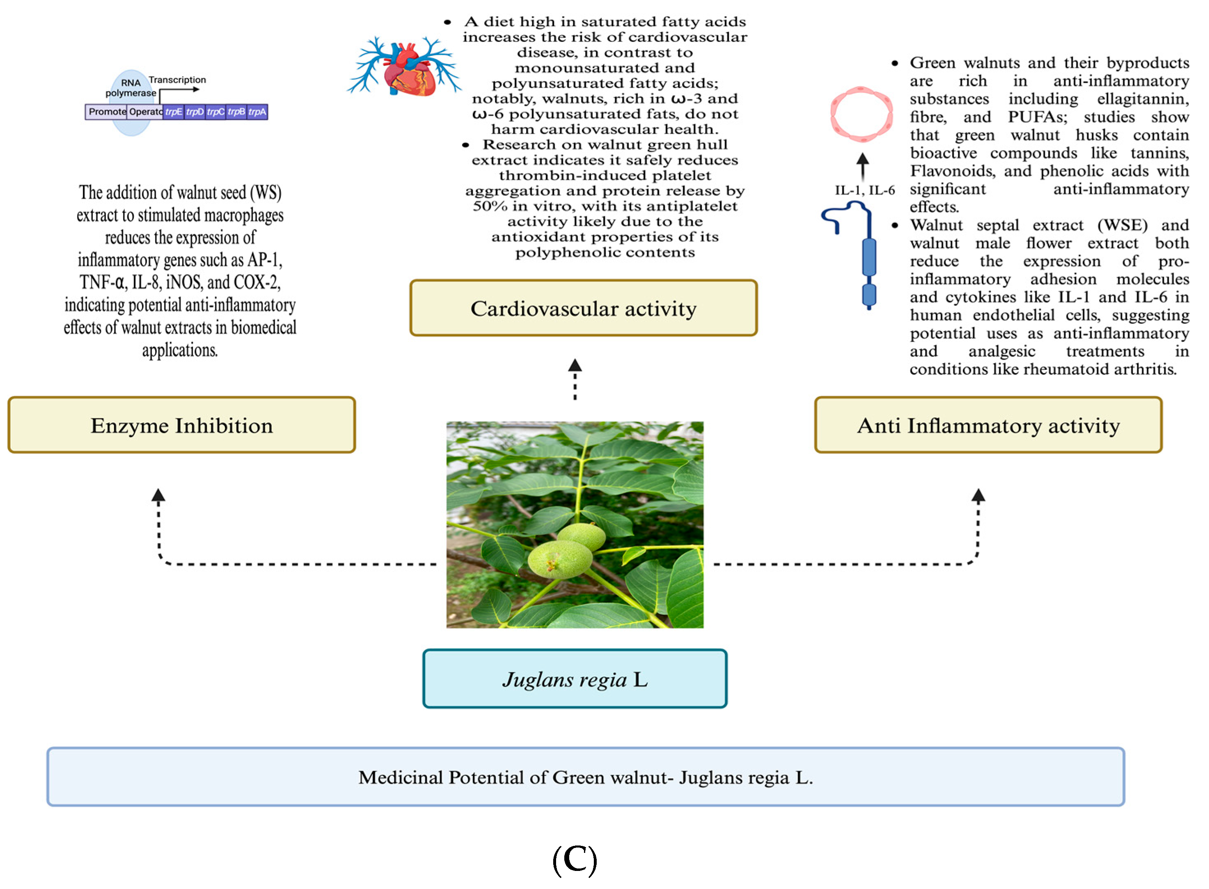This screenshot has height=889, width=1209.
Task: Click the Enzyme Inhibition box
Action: point(181,425)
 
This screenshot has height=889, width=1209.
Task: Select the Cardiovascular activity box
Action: point(583,308)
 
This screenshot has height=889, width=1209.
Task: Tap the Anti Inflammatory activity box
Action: point(988,425)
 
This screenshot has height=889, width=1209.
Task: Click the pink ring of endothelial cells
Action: point(861,115)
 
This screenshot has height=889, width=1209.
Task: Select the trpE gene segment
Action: point(173,112)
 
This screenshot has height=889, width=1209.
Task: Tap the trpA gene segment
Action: point(257,112)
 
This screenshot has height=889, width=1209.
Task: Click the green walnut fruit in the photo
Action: point(560,559)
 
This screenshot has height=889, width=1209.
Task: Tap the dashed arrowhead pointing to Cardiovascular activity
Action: point(575,366)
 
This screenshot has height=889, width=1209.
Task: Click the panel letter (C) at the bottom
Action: point(575,859)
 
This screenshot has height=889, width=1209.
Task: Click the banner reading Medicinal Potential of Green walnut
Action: point(585,777)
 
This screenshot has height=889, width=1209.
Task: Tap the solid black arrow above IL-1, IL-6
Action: point(863,165)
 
